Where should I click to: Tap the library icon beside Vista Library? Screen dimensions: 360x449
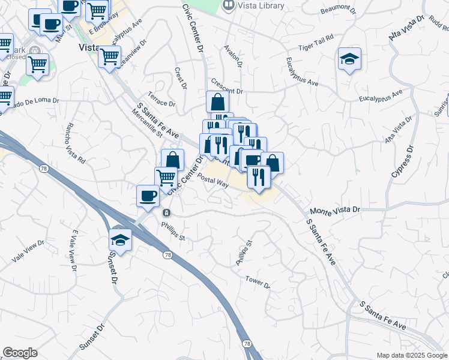coord(228,5)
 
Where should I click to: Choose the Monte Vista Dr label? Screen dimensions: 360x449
coord(335,210)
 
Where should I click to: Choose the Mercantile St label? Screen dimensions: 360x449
coord(147,121)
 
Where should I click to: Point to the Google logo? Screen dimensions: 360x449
coord(20,353)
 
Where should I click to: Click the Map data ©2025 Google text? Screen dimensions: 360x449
coord(412,355)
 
